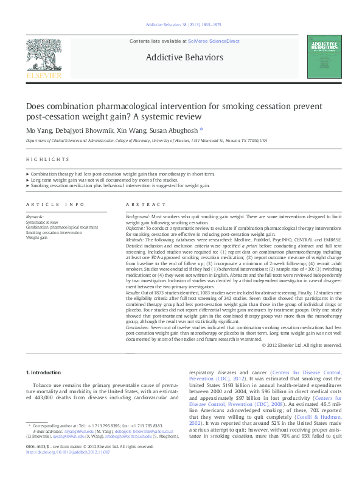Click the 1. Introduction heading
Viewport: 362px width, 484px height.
coord(44,372)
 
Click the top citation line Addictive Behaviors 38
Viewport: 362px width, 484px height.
coord(181,25)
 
